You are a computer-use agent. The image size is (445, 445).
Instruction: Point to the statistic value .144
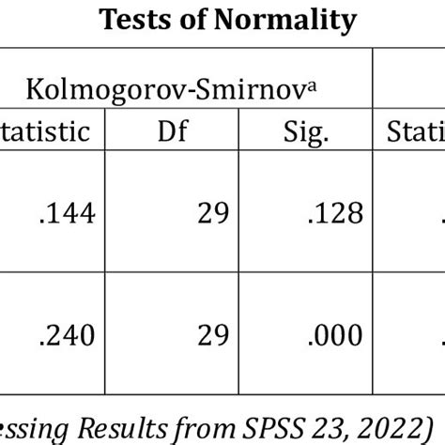[x=67, y=214]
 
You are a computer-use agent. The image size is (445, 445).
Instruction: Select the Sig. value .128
[x=335, y=214]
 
